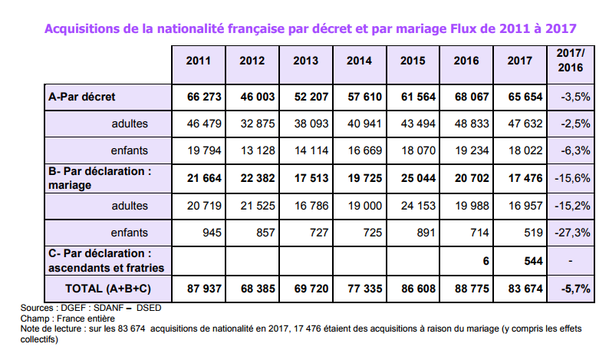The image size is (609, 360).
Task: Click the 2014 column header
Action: [359, 61]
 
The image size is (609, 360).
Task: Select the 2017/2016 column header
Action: [570, 61]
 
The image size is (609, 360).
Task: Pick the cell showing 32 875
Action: [257, 123]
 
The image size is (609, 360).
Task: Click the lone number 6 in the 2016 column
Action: [484, 259]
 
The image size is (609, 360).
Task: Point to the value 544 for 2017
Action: [532, 259]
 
